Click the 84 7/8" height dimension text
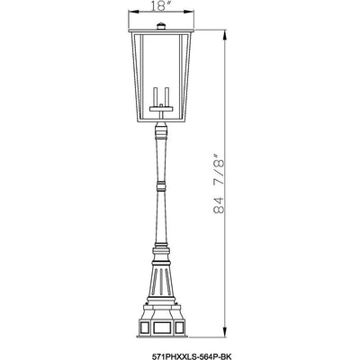219,184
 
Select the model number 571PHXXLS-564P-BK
191,356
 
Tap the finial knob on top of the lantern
161,26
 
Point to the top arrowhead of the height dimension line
224,34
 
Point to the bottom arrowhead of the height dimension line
224,332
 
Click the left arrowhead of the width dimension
133,12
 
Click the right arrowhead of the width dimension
189,12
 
